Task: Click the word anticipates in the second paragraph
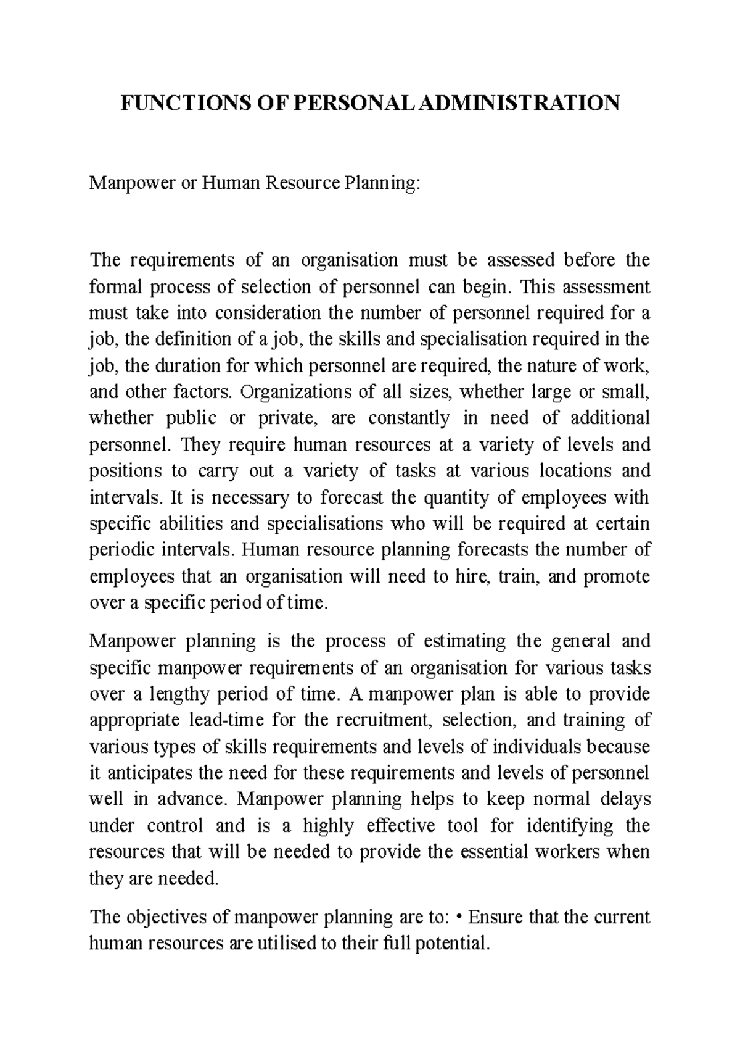146,773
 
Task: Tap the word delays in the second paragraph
627,799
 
